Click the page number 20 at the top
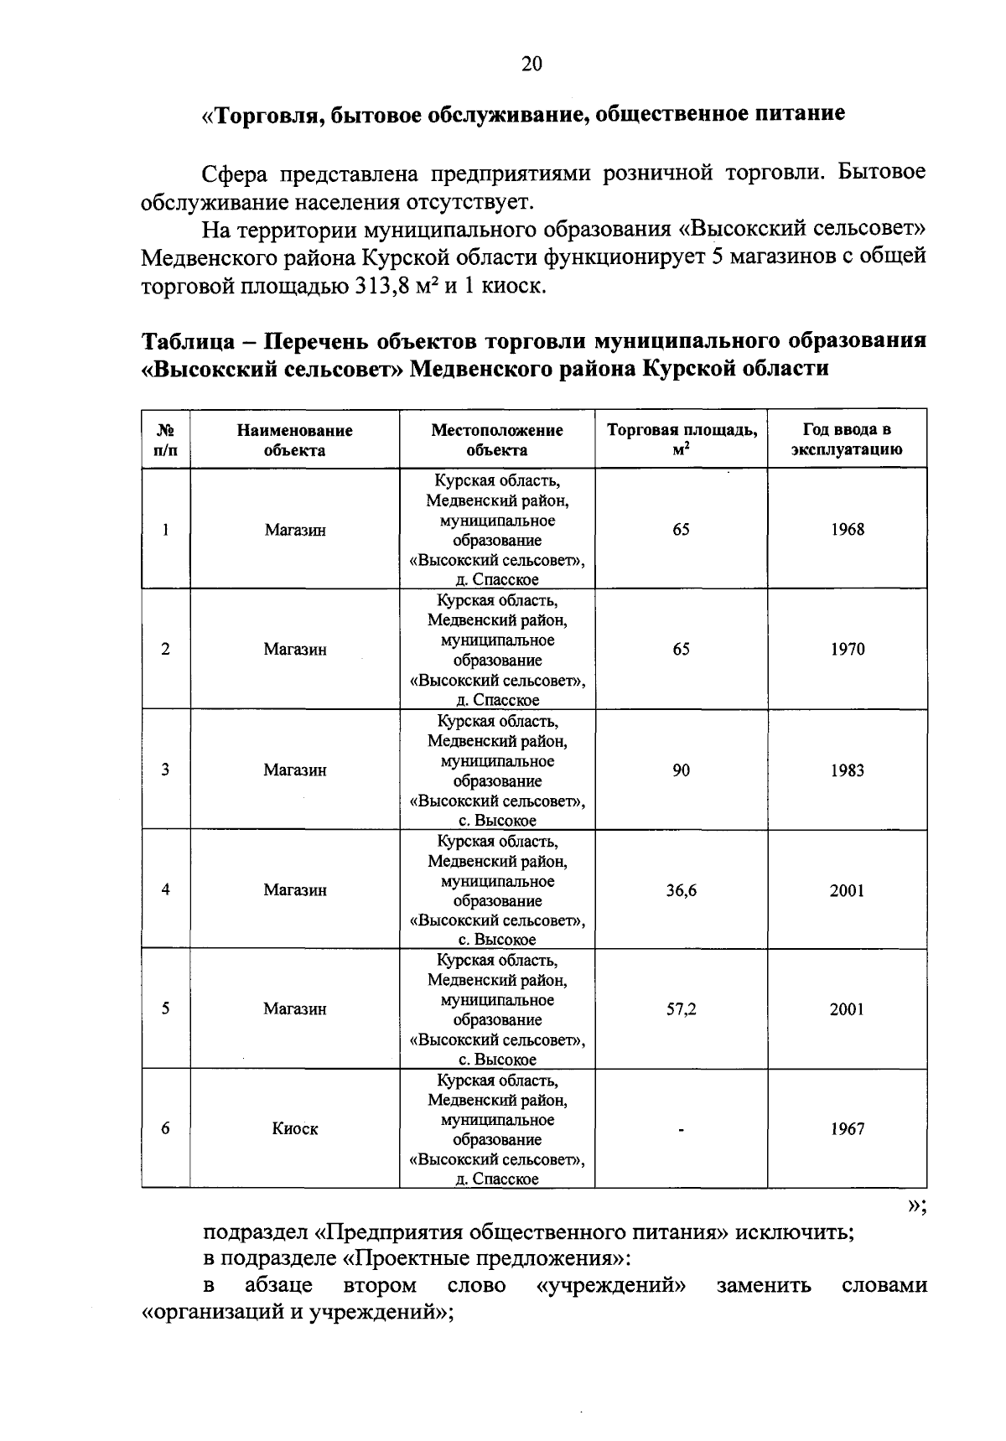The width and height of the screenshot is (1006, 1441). (532, 65)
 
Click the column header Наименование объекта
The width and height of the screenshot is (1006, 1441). (294, 440)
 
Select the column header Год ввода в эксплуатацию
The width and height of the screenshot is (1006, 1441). (847, 439)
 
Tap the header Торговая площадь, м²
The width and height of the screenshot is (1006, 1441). (682, 439)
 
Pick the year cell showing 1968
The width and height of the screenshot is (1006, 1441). (847, 530)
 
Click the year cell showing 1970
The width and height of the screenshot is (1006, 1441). (847, 650)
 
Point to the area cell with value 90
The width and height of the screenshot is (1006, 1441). (681, 770)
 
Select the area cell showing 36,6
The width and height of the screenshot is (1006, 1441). (681, 891)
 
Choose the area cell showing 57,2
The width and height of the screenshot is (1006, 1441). (681, 1009)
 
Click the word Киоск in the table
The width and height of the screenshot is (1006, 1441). (295, 1129)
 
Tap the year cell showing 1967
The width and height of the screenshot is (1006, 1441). (847, 1129)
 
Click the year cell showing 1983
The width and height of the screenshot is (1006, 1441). (847, 770)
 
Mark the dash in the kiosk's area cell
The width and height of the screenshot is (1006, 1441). (682, 1130)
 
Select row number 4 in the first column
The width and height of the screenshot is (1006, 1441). (166, 889)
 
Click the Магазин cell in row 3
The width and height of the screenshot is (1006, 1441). (295, 770)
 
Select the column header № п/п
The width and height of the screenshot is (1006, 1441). (165, 440)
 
